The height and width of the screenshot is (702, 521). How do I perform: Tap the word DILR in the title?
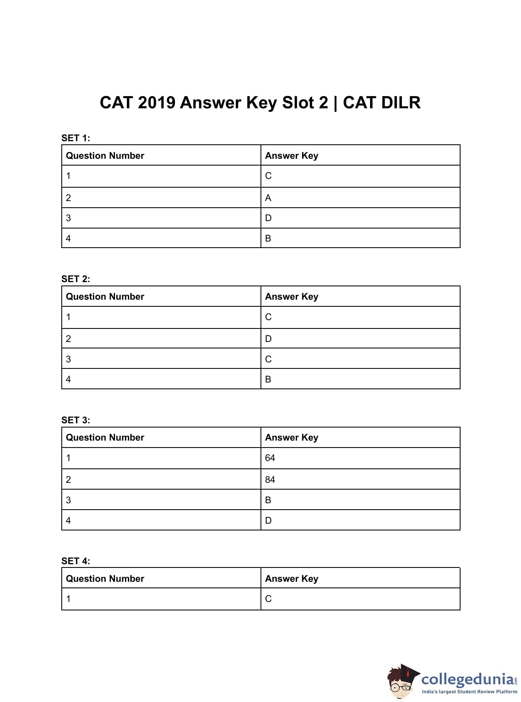pyautogui.click(x=400, y=103)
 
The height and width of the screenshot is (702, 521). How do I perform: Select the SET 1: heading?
pyautogui.click(x=76, y=138)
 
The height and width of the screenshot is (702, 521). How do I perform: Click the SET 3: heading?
pyautogui.click(x=76, y=420)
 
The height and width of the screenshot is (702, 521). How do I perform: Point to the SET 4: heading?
pyautogui.click(x=76, y=561)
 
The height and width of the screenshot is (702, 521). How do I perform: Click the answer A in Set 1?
pyautogui.click(x=268, y=198)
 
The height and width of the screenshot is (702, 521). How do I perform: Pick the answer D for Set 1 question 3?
pyautogui.click(x=268, y=218)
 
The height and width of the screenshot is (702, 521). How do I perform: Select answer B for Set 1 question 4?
pyautogui.click(x=268, y=238)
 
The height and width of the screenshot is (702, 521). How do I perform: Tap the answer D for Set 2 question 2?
pyautogui.click(x=268, y=339)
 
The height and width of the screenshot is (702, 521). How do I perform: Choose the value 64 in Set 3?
pyautogui.click(x=270, y=458)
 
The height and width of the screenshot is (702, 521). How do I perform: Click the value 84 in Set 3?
pyautogui.click(x=270, y=479)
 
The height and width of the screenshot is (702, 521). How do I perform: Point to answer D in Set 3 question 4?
pyautogui.click(x=268, y=520)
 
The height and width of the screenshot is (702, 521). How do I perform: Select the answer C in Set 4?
pyautogui.click(x=268, y=599)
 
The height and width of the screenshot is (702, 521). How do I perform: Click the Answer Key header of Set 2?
pyautogui.click(x=291, y=297)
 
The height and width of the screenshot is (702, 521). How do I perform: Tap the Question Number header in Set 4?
pyautogui.click(x=105, y=578)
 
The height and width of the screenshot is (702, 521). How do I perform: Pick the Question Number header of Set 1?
pyautogui.click(x=105, y=156)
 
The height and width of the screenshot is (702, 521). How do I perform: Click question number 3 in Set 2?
pyautogui.click(x=68, y=359)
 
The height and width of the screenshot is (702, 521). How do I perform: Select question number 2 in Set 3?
pyautogui.click(x=68, y=479)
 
